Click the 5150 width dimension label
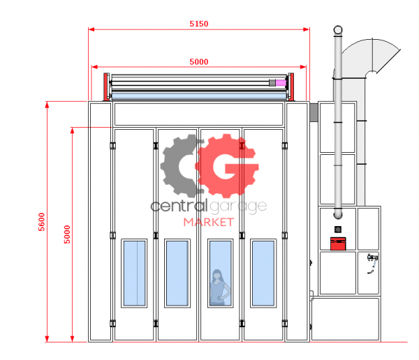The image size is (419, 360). [x=199, y=24]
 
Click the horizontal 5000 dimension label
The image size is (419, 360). [x=199, y=61]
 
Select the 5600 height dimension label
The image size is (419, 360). [x=42, y=222]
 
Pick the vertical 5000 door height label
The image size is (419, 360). [x=67, y=234]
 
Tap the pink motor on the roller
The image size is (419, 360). [x=281, y=82]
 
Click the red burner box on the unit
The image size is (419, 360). [x=338, y=243]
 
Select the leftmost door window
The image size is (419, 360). [x=134, y=273]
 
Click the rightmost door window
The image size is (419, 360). [x=263, y=273]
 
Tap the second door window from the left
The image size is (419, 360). [x=177, y=273]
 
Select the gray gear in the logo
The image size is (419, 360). [x=179, y=166]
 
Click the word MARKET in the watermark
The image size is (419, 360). [x=209, y=223]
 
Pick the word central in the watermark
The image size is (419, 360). [x=179, y=206]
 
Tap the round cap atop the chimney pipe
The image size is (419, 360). [x=338, y=29]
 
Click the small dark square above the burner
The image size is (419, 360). [x=338, y=229]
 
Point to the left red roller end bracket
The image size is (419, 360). [x=106, y=87]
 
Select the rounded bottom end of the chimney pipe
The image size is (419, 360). [x=338, y=214]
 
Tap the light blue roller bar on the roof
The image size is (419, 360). [x=198, y=96]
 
